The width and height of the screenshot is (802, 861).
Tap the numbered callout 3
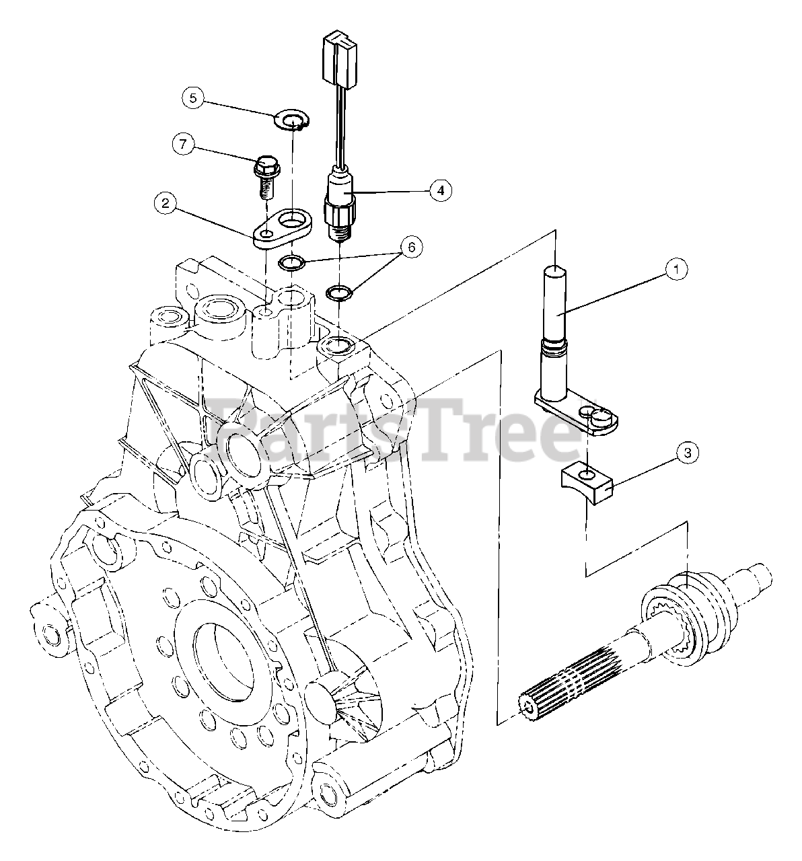click(x=687, y=453)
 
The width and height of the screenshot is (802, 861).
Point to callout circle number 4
click(x=440, y=190)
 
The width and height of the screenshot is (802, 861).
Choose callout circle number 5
click(x=192, y=98)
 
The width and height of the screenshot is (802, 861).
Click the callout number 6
click(x=412, y=248)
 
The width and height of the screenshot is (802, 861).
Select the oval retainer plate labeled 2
click(x=283, y=226)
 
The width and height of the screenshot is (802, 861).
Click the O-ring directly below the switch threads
click(x=338, y=293)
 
